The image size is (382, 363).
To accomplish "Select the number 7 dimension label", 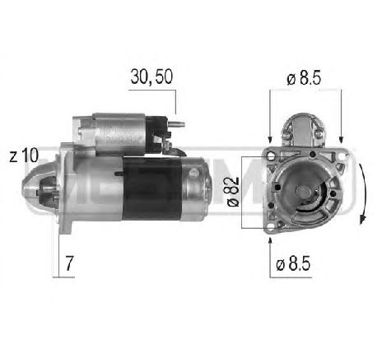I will click(70, 264).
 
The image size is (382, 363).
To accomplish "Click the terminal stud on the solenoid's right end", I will click(176, 126).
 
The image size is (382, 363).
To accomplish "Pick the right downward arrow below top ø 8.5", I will click(340, 132).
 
